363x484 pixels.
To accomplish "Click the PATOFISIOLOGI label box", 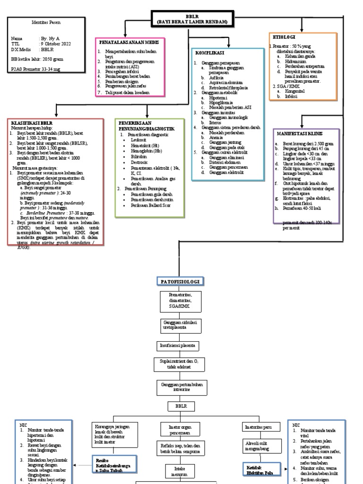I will (x=179, y=282).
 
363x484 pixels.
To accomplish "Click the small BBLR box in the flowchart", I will (x=178, y=406).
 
